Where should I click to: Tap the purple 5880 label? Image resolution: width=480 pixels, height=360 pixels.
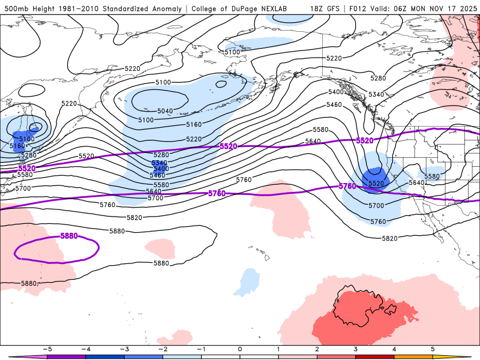click(69, 236)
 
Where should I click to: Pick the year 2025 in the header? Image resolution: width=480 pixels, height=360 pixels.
click(467, 9)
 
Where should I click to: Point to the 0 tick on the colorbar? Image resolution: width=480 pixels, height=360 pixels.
click(240, 349)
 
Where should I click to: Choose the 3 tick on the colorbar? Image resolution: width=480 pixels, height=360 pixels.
click(356, 349)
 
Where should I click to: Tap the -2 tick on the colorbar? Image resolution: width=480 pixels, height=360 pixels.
click(163, 349)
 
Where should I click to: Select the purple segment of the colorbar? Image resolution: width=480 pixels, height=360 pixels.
click(66, 356)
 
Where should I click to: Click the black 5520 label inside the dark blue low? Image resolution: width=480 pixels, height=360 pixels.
click(376, 183)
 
